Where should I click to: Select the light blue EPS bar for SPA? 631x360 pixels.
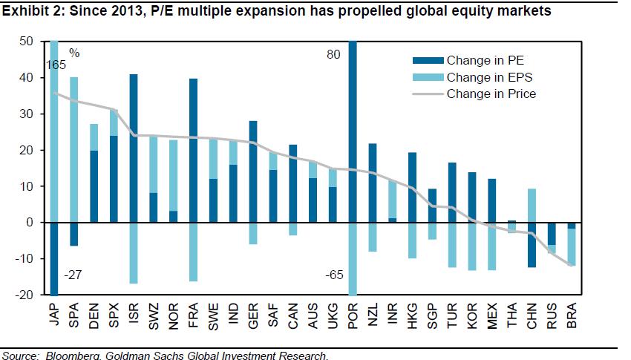click(73, 150)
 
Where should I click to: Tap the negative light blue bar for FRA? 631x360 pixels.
click(193, 252)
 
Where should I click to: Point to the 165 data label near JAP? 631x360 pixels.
click(56, 65)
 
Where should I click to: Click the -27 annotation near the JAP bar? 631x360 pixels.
click(73, 275)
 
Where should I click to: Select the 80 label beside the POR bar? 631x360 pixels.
click(333, 54)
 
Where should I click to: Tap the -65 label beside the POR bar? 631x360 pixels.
click(334, 275)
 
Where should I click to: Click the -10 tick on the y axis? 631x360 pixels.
click(25, 258)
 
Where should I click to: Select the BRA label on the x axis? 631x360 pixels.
click(572, 316)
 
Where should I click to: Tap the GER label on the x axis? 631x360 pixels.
click(253, 316)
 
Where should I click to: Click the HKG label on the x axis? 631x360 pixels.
click(413, 316)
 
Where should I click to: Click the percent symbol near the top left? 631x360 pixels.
click(74, 53)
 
